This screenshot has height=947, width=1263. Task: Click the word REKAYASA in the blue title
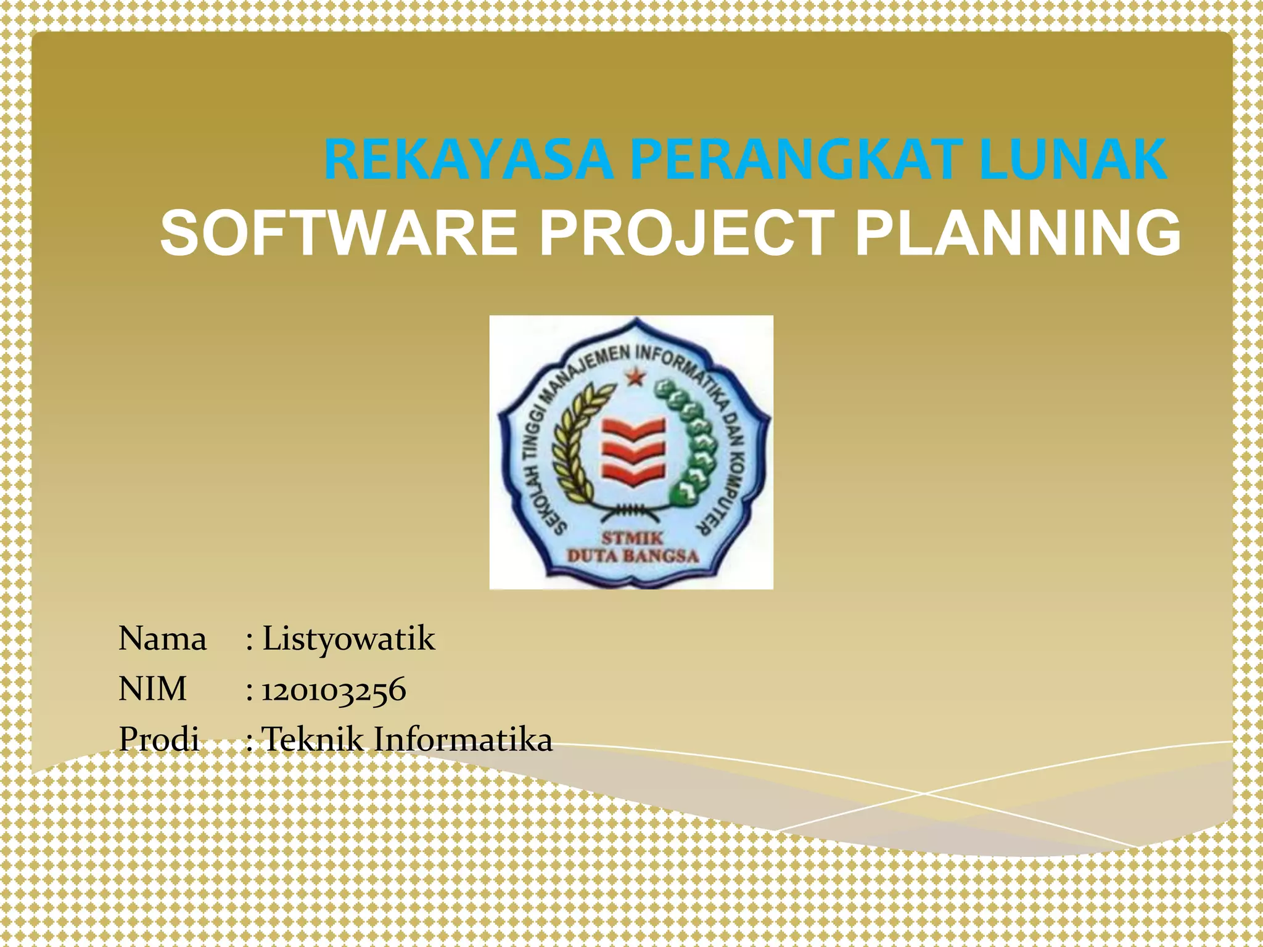pyautogui.click(x=467, y=160)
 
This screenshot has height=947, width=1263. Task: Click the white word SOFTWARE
pyautogui.click(x=339, y=233)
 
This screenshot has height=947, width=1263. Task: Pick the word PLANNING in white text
pyautogui.click(x=1018, y=233)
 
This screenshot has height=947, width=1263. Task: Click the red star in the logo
pyautogui.click(x=635, y=377)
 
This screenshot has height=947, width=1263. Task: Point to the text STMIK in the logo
pyautogui.click(x=632, y=538)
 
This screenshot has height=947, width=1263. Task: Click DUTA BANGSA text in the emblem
pyautogui.click(x=632, y=556)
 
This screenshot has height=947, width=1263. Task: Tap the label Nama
pyautogui.click(x=162, y=639)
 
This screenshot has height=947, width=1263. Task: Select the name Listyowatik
pyautogui.click(x=348, y=639)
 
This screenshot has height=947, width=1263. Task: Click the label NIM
pyautogui.click(x=152, y=689)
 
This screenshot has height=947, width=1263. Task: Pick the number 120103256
pyautogui.click(x=334, y=690)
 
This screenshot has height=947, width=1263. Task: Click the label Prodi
pyautogui.click(x=159, y=739)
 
